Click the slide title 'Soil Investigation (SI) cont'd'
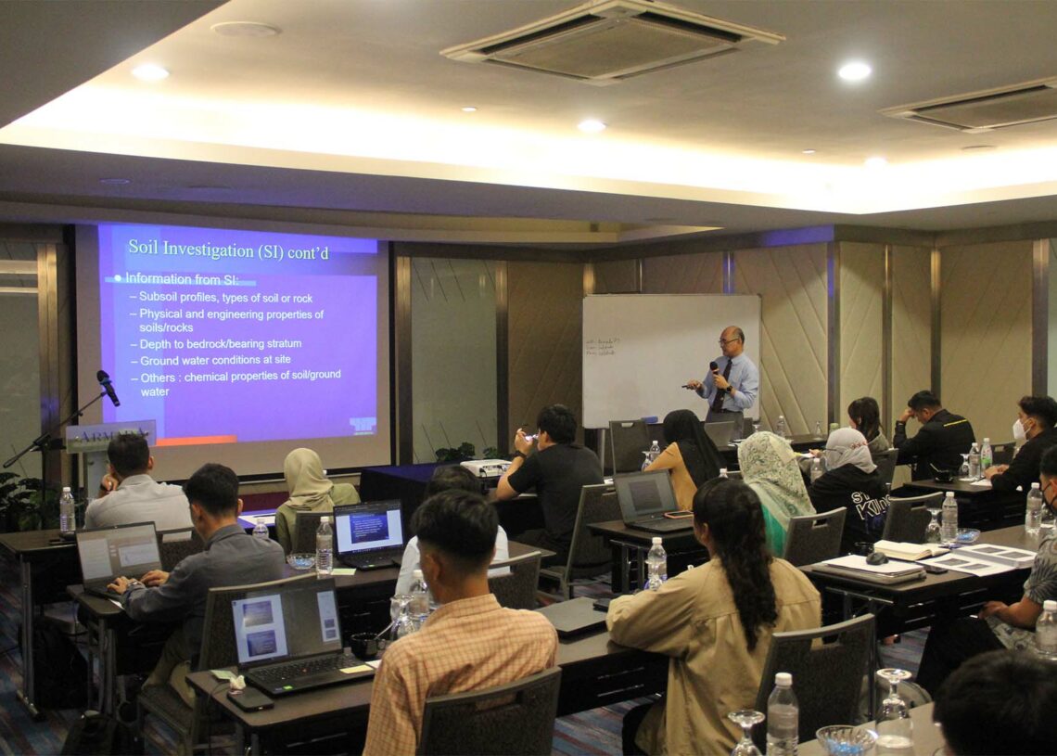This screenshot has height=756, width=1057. pos(228,248)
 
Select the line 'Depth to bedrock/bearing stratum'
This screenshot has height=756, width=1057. pos(221,343)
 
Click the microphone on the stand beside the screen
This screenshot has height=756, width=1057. pos(108,387)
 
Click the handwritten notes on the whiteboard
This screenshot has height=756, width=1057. pos(602,347)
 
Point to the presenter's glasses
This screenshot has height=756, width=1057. pos(729,341)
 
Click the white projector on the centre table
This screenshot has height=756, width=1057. pos(485,468)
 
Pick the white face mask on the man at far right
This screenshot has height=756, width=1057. pos(1019,429)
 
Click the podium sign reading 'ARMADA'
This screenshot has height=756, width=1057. pos(109,435)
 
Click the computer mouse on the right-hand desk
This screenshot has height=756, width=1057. pos(876,557)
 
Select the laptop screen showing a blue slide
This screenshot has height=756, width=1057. pos(368,530)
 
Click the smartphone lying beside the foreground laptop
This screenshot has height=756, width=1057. pos(250,700)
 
